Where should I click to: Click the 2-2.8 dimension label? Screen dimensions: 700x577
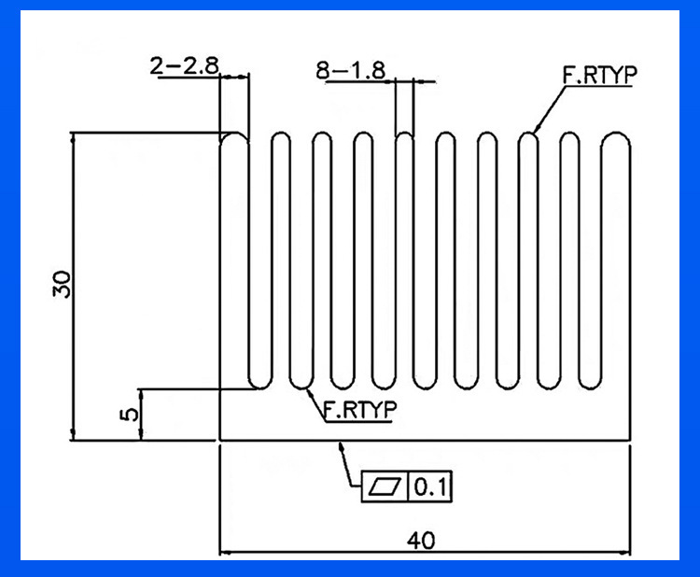click(184, 66)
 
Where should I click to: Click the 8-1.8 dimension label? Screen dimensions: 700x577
click(350, 70)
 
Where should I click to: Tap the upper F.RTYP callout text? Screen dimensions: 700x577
click(599, 75)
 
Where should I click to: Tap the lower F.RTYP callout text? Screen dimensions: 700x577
click(359, 410)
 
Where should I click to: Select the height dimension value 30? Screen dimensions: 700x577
click(62, 284)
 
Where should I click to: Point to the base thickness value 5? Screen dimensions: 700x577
click(130, 415)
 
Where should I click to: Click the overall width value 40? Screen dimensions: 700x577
click(421, 541)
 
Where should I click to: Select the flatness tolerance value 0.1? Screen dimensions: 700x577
click(430, 486)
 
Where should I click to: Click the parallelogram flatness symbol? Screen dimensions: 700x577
click(385, 486)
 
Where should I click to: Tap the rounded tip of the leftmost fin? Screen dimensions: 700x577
click(234, 134)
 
